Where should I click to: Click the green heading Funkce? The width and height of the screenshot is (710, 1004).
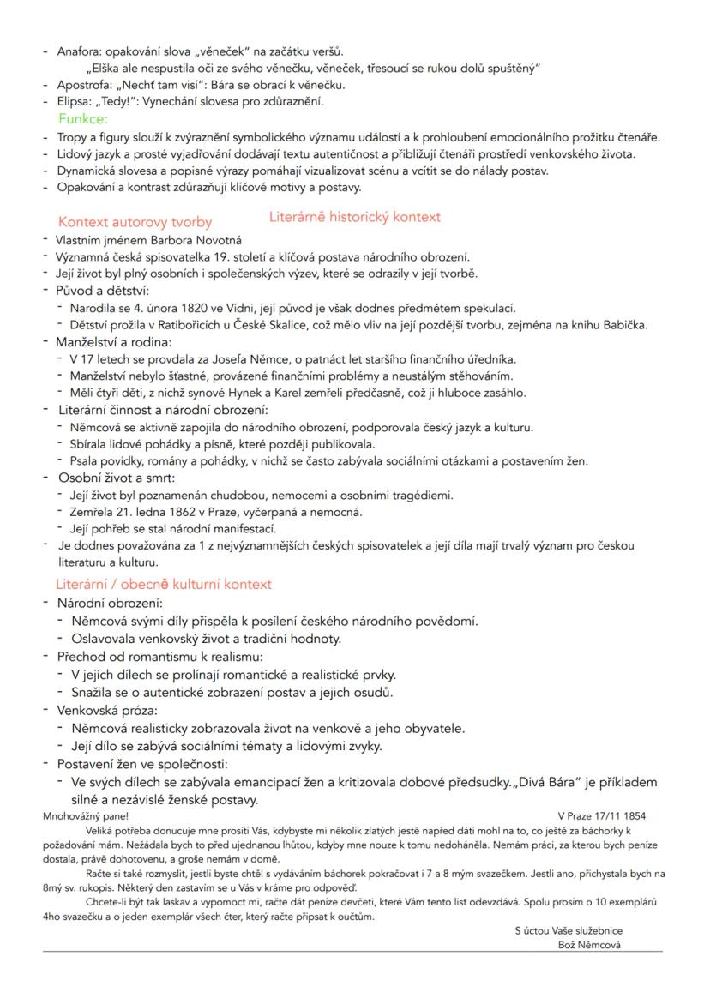pyautogui.click(x=82, y=118)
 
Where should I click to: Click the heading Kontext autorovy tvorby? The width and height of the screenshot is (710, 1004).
pyautogui.click(x=135, y=222)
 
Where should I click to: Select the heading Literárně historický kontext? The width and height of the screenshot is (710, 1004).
pyautogui.click(x=354, y=217)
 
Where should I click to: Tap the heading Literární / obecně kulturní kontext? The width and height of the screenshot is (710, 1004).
pyautogui.click(x=164, y=584)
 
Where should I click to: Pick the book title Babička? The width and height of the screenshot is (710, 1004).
pyautogui.click(x=623, y=324)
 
